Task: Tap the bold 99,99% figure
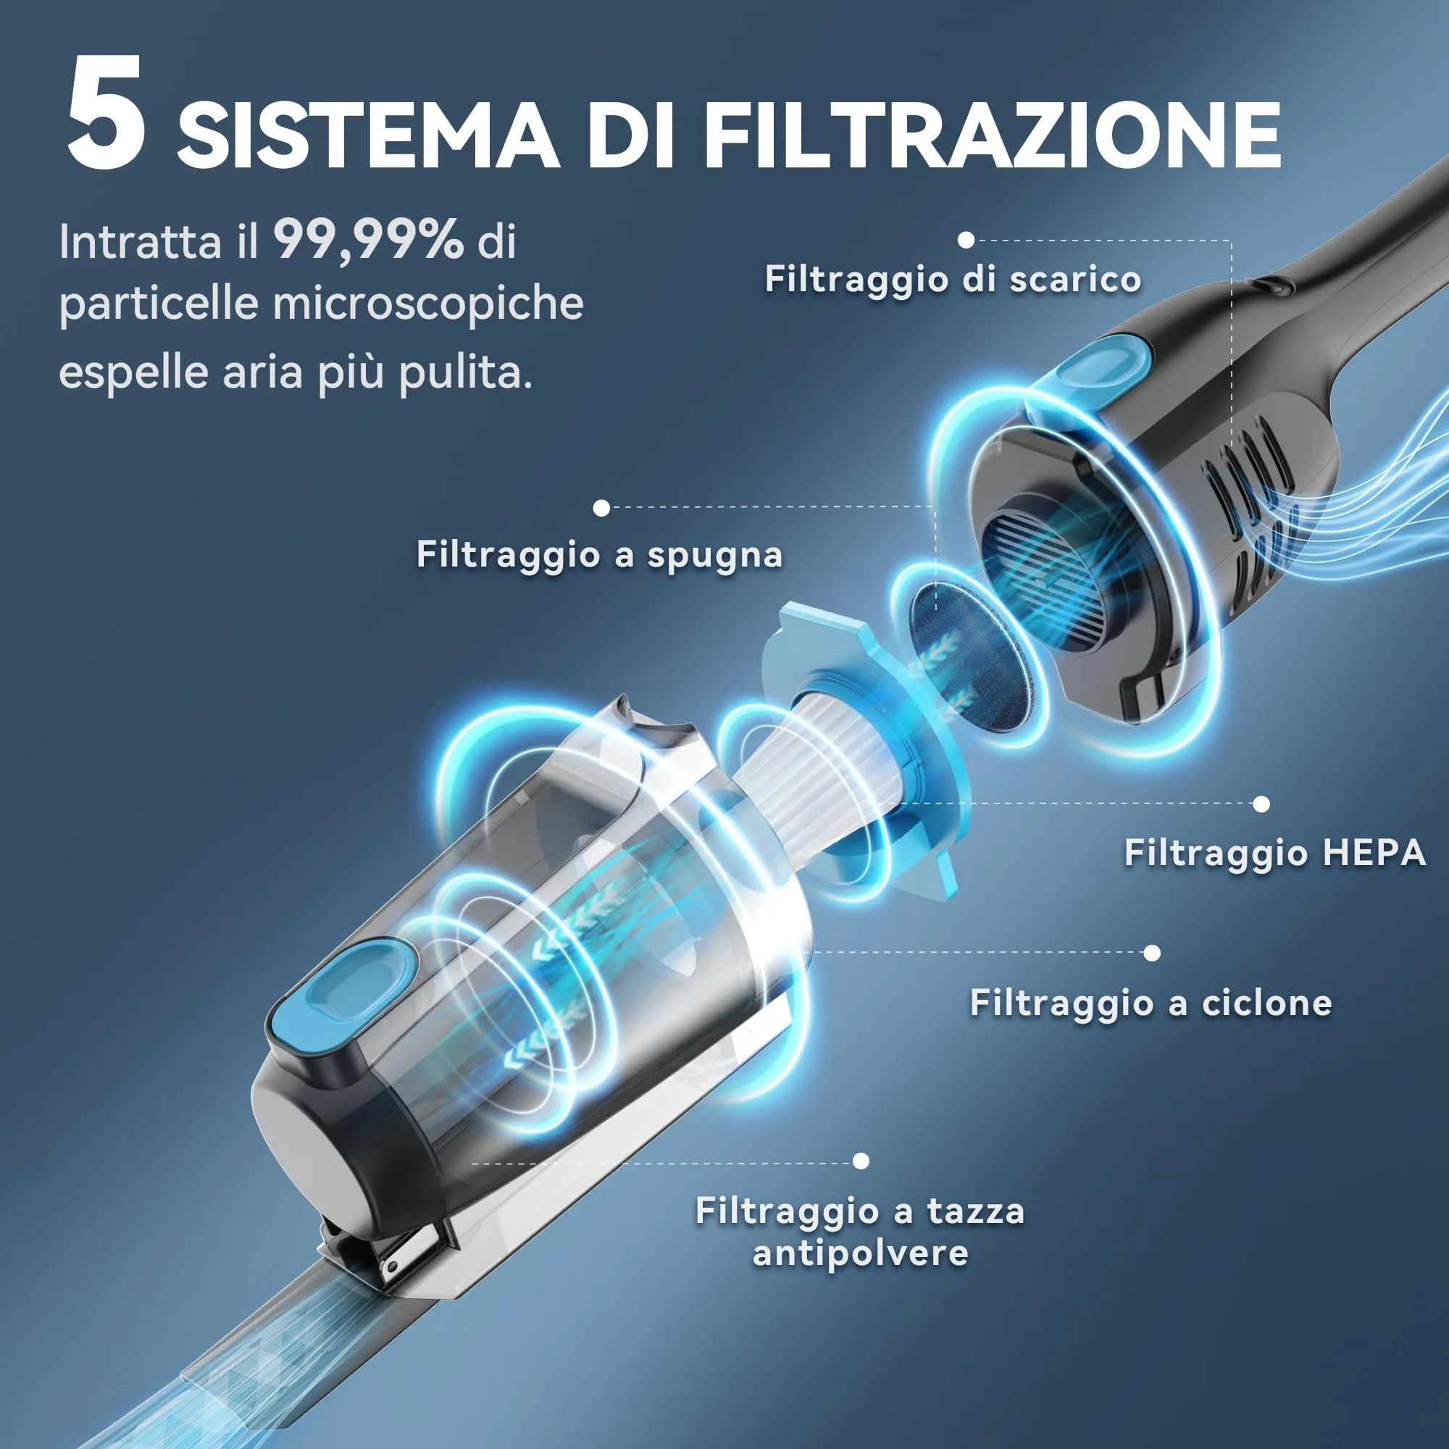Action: (x=367, y=241)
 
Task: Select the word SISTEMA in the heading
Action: (x=367, y=135)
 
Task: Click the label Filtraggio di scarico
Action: (x=953, y=280)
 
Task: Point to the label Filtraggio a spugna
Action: (x=599, y=555)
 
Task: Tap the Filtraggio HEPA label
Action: (x=1274, y=853)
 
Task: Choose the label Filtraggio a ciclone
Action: (x=1151, y=1003)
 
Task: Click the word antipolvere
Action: (x=860, y=1253)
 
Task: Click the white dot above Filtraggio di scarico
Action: (x=966, y=240)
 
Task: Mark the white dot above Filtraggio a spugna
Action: (x=601, y=509)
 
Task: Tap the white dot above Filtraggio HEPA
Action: (x=1261, y=804)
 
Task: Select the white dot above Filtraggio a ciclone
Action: (x=1152, y=953)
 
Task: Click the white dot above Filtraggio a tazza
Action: (x=861, y=1161)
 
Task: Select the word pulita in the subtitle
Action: (x=464, y=372)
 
